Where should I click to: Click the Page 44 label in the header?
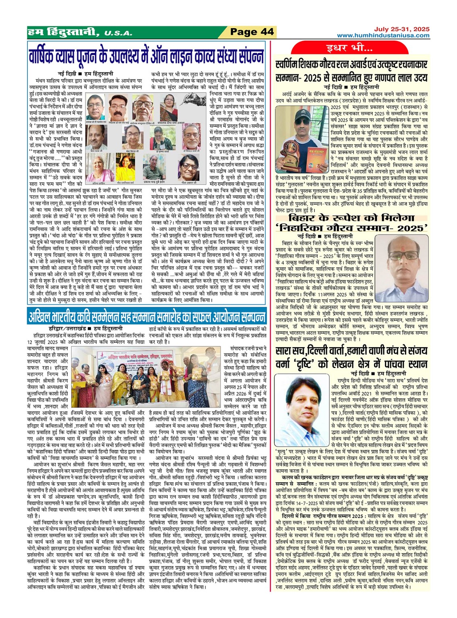(252, 32)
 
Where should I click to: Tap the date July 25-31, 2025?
(401, 29)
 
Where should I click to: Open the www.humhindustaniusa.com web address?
(383, 35)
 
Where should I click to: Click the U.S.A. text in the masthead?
(118, 33)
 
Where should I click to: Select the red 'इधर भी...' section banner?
(349, 48)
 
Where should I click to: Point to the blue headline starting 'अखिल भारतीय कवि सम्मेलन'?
(147, 316)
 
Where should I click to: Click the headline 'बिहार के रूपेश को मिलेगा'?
(352, 218)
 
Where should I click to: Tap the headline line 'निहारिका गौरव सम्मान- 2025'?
(352, 228)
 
